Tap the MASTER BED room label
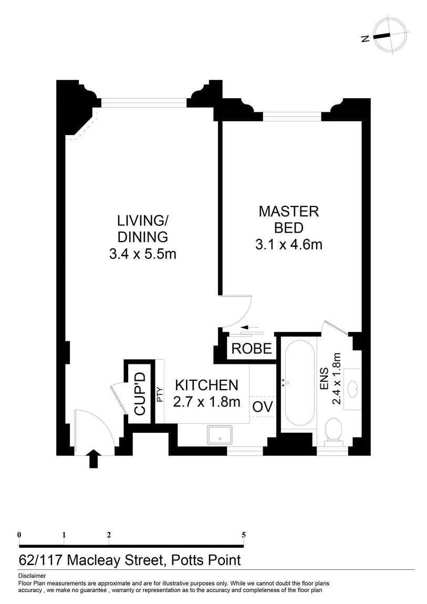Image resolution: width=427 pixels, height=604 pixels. click(288, 220)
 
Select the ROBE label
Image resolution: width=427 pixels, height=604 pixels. click(252, 349)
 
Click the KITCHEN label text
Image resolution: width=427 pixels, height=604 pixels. click(206, 385)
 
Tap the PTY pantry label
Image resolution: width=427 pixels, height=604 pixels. click(160, 394)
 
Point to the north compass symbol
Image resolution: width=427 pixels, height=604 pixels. click(390, 36)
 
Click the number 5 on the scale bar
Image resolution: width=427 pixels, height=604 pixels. click(244, 535)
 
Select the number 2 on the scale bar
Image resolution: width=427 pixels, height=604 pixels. click(109, 535)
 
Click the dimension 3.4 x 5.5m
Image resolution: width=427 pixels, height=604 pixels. click(142, 254)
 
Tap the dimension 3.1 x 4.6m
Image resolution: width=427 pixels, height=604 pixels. click(288, 244)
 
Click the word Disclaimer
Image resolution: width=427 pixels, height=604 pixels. click(32, 576)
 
